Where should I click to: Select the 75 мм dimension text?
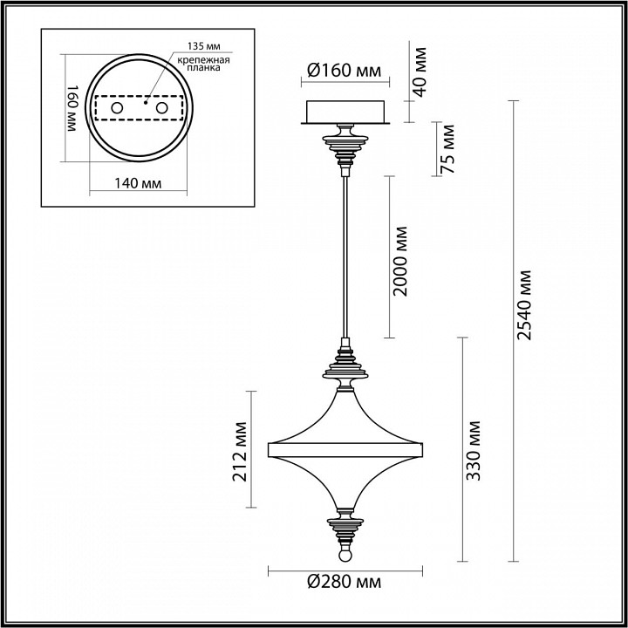coord(448,149)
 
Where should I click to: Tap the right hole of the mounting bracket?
coord(160,106)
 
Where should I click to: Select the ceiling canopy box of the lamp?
coord(346,113)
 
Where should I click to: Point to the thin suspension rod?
coord(346,253)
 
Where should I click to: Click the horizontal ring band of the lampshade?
coord(346,450)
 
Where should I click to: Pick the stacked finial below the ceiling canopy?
coord(346,149)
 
